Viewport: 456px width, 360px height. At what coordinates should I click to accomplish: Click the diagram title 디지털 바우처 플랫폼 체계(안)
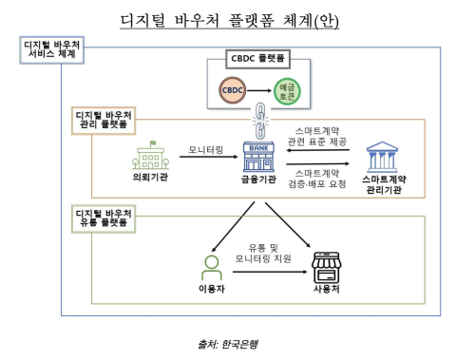coord(229,21)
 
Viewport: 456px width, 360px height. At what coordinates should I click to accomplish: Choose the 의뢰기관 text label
coord(150,178)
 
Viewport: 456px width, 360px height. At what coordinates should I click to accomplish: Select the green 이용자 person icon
coord(211,265)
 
